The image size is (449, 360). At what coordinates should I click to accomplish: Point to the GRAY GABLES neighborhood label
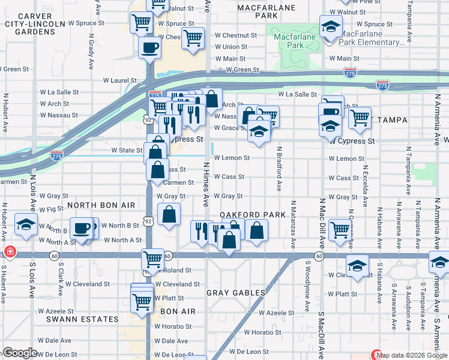[x=236, y=293]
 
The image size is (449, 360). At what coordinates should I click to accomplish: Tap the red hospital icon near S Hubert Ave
[x=9, y=251]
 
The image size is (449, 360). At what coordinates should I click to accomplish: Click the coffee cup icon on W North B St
[x=81, y=227]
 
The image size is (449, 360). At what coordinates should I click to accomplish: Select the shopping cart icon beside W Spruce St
[x=141, y=23]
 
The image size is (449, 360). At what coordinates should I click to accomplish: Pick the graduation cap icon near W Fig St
[x=26, y=224]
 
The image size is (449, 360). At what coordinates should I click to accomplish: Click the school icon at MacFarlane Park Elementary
[x=330, y=27]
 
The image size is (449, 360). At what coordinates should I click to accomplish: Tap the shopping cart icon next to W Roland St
[x=152, y=259]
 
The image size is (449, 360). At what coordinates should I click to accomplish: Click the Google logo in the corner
[x=20, y=353]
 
